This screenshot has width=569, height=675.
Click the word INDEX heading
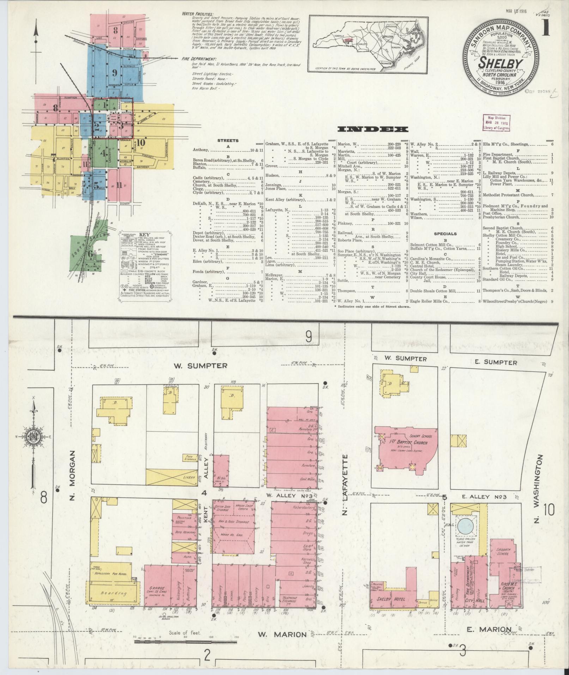tap(373, 129)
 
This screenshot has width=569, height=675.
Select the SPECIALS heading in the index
tap(445, 234)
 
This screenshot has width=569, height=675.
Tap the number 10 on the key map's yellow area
tap(141, 143)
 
